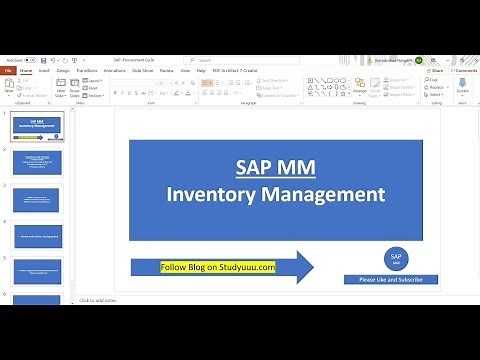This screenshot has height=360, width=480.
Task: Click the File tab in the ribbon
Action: point(8,71)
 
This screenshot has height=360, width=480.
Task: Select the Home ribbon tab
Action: point(26,71)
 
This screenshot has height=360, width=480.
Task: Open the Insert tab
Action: point(44,71)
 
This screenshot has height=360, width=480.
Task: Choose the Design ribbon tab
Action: point(62,71)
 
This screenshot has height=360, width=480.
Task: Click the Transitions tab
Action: point(87,71)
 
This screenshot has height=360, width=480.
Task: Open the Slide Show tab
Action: point(141,71)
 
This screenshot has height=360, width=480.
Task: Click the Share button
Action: point(436,71)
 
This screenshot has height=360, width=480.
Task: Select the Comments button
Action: point(465,71)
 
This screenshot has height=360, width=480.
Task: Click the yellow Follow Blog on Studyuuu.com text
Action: point(218,267)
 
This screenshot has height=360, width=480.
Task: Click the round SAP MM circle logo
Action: point(396,259)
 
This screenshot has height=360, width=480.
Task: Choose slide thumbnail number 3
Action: point(36,199)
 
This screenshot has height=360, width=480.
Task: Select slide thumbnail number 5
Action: point(36,269)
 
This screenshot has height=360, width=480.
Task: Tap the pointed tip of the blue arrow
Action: point(313,267)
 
